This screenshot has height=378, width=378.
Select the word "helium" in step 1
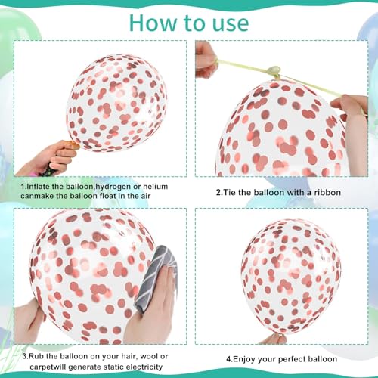click(x=156, y=187)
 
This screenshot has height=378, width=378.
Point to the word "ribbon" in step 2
click(x=327, y=193)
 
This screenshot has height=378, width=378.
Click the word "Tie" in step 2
click(x=230, y=193)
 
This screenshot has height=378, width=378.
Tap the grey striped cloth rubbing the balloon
click(x=156, y=277)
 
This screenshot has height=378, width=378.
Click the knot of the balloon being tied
click(x=274, y=71)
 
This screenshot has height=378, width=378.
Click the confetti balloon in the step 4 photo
click(x=291, y=276)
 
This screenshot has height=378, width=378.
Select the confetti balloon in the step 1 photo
click(x=116, y=104)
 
